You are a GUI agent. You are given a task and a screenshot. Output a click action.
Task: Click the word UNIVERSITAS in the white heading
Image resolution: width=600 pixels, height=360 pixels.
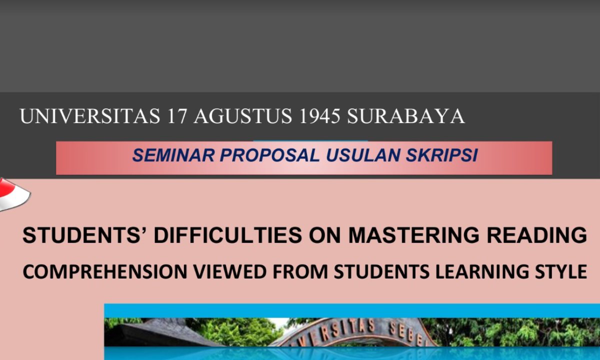click(90, 116)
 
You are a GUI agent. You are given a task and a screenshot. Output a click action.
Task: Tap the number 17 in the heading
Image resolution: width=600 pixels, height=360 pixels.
click(177, 116)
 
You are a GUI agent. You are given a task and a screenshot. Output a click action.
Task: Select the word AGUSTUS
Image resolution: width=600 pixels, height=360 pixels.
click(242, 116)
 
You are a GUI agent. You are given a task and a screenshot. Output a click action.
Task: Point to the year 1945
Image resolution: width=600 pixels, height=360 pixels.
click(320, 116)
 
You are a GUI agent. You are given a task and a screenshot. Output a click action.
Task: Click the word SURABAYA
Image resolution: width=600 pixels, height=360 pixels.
click(406, 116)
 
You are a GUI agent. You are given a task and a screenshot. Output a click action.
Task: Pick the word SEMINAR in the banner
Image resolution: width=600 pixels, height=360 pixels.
click(173, 155)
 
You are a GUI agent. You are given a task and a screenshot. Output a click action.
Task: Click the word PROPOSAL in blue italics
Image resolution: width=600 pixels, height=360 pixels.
click(269, 155)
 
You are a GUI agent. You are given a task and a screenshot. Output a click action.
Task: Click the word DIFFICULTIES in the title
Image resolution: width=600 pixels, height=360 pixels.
click(228, 235)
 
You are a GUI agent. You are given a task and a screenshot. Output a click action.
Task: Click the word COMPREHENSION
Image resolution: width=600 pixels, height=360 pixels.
click(105, 271)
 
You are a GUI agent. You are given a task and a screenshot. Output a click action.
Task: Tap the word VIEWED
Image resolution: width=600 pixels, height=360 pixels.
click(230, 271)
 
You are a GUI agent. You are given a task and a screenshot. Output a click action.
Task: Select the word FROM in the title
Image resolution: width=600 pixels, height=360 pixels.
click(300, 271)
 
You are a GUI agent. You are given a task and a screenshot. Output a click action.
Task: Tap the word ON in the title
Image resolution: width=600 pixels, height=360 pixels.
click(325, 235)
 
